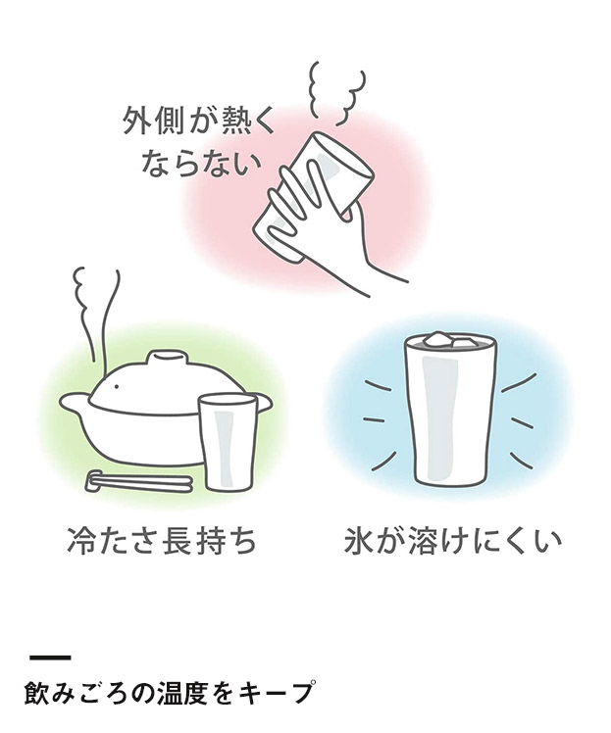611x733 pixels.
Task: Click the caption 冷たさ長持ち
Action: pos(162,541)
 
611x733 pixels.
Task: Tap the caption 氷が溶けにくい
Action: pos(452,541)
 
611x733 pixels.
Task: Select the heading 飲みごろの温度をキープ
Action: pos(168,692)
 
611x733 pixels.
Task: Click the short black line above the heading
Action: pos(50,658)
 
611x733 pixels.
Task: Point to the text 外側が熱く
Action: pos(200,121)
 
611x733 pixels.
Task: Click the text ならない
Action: pos(201,164)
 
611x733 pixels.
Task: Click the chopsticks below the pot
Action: pos(139,481)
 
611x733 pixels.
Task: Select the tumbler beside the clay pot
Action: pos(228,442)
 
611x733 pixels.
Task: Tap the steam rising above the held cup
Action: pos(335,92)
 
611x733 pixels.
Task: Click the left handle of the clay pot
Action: pos(75,403)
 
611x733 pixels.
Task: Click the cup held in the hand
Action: pos(314,197)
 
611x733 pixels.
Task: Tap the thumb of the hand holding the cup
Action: pos(354,212)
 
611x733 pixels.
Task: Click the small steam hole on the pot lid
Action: pos(117,386)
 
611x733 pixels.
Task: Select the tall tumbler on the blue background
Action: pos(448,409)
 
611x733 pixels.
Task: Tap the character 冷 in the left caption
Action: pos(81,541)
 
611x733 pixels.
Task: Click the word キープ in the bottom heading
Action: pos(275,692)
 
